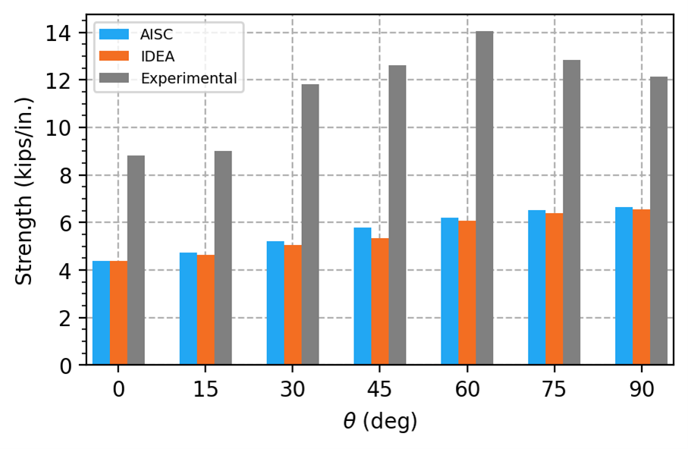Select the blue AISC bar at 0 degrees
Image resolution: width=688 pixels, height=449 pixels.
pos(101,313)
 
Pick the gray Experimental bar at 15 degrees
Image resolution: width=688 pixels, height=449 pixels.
pos(223,259)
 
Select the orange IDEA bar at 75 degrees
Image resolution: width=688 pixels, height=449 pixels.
pos(554,290)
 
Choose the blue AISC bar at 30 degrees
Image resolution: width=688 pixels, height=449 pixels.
pos(275,303)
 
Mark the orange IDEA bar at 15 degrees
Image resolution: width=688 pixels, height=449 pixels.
pos(206,310)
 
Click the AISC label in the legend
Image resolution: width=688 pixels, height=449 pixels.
pos(156,34)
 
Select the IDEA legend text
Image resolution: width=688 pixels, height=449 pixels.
pos(157,56)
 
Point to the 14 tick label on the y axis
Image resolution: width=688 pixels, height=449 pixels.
pos(58,33)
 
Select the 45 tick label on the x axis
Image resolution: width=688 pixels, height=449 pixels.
pos(380,390)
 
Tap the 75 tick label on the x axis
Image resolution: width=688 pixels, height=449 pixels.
pos(554,390)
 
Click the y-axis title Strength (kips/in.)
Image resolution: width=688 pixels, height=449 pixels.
pos(25,190)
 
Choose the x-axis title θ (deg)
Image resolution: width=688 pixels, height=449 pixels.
pos(379,422)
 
